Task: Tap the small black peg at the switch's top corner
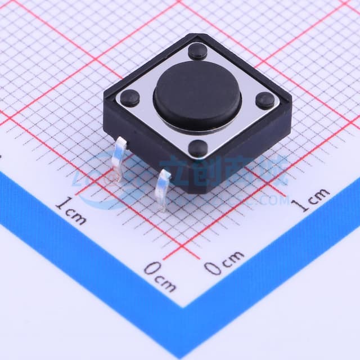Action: coord(197,52)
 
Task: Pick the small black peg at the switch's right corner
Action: coord(265,100)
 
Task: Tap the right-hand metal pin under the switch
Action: coord(163,189)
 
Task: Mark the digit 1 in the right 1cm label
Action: coord(303,206)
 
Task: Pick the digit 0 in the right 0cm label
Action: coord(213,268)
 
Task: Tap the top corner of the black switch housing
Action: coord(198,35)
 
